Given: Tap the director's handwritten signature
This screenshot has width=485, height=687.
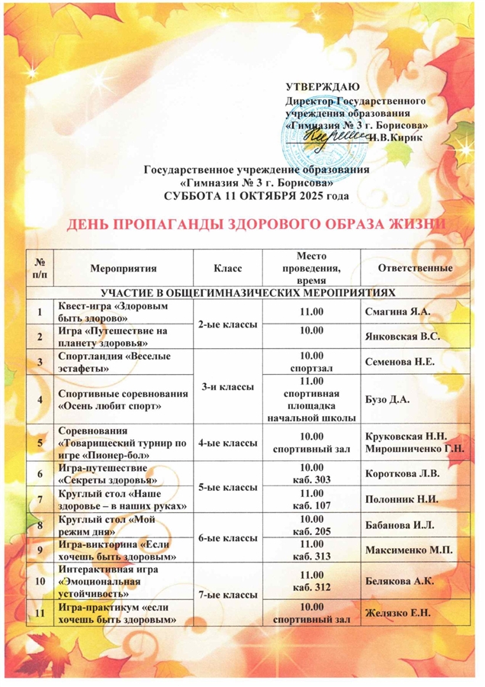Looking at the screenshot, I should point(336,134).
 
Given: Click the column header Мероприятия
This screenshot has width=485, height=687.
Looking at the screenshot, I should point(123,269).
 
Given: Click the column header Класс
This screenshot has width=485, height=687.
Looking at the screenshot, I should point(228,269).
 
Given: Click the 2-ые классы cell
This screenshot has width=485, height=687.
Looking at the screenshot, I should point(228,324).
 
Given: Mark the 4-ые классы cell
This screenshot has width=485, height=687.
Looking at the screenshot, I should point(228,440).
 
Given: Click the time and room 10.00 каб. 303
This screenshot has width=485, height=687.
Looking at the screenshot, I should point(313,473).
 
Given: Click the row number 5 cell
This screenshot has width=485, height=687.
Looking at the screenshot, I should point(37,440).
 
